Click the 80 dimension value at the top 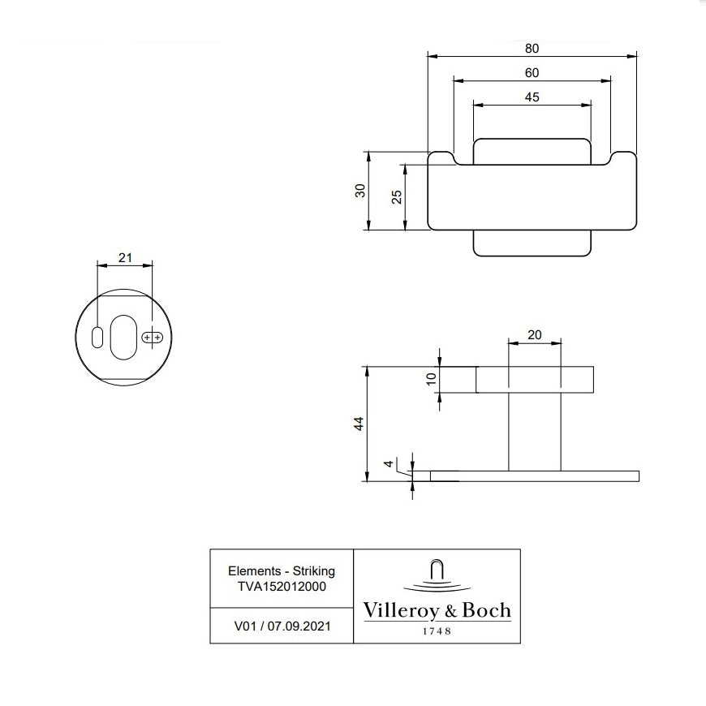click(x=532, y=48)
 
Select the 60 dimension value click(x=532, y=72)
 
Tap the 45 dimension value click(x=532, y=97)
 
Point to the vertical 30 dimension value click(x=361, y=190)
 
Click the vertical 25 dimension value click(x=397, y=196)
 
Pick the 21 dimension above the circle click(x=125, y=257)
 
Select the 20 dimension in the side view click(x=533, y=335)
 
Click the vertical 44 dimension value click(x=359, y=424)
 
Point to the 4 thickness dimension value click(x=389, y=464)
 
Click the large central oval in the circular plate click(x=124, y=336)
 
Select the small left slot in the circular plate click(x=97, y=338)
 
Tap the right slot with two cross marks click(x=152, y=337)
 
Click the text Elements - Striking click(x=282, y=571)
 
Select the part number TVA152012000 click(x=282, y=586)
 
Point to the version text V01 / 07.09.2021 click(x=282, y=626)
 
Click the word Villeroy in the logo click(x=398, y=610)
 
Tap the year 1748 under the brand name click(x=437, y=631)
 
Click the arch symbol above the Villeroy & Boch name click(x=437, y=570)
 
